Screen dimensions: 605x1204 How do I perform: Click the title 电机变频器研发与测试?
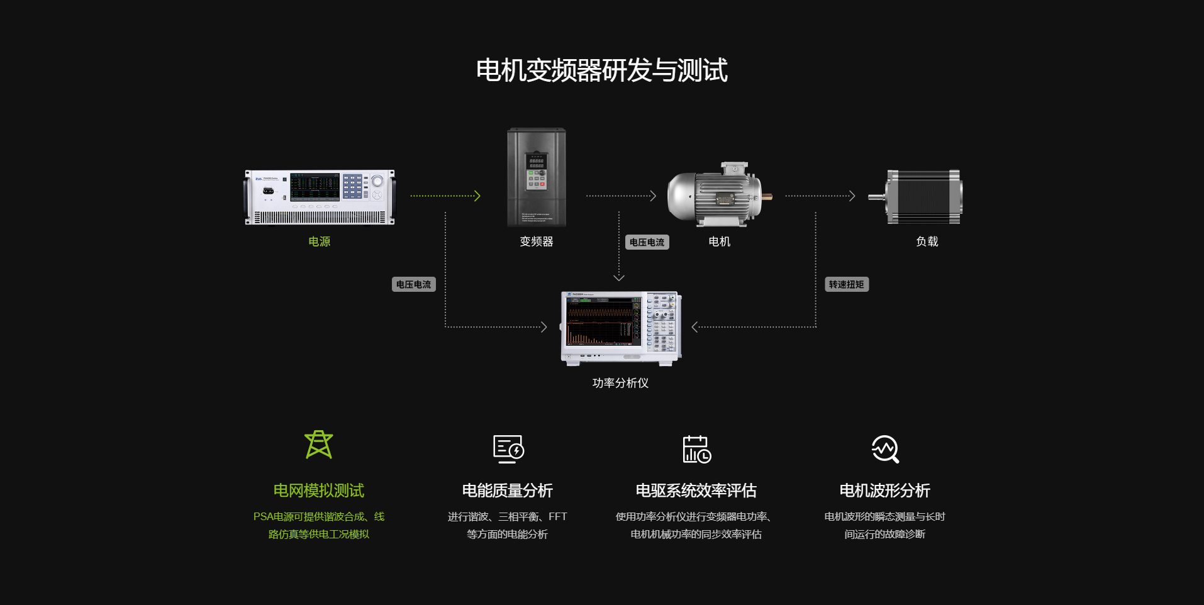click(601, 70)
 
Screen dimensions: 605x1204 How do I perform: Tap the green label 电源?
click(319, 241)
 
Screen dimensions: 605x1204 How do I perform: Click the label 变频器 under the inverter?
click(536, 241)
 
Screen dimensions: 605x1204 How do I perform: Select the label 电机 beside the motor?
click(719, 241)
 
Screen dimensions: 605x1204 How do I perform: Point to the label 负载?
click(927, 241)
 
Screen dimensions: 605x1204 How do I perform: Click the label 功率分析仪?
click(620, 383)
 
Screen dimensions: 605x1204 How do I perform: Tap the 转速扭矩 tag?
click(846, 284)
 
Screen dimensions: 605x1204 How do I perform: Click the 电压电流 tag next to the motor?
click(647, 242)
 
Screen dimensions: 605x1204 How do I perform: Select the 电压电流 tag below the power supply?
click(413, 284)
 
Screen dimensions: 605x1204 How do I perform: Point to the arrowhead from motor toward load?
click(852, 196)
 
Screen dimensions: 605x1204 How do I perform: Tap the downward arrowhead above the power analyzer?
click(619, 277)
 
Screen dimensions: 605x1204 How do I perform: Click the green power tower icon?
click(319, 445)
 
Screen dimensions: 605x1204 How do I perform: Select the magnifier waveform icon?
click(885, 449)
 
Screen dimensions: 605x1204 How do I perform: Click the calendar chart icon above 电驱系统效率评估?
click(696, 449)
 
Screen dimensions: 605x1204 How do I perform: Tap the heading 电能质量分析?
click(507, 491)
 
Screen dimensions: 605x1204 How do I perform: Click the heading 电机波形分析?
click(884, 491)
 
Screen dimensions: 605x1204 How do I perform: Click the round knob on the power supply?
click(377, 181)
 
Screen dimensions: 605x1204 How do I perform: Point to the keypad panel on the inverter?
click(536, 171)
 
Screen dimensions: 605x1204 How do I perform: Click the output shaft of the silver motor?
click(767, 197)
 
